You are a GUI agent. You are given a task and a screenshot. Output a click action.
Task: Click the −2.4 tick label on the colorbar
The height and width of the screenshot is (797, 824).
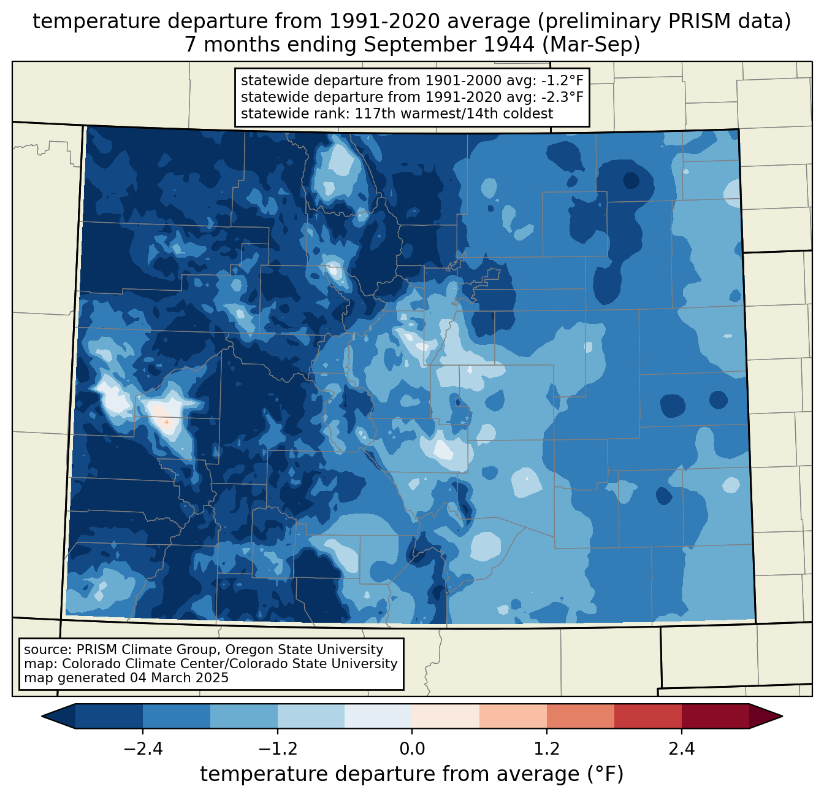click(x=143, y=749)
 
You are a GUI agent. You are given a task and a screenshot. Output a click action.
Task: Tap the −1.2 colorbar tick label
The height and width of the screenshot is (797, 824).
click(x=277, y=749)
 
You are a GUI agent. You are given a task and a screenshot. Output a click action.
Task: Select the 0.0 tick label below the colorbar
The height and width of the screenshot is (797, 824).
click(x=412, y=749)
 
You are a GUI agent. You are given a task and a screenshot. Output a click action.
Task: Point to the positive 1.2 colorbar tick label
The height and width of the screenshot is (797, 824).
click(x=547, y=749)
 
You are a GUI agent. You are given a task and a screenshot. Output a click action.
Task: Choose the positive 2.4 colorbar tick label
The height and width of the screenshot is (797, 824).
click(x=681, y=749)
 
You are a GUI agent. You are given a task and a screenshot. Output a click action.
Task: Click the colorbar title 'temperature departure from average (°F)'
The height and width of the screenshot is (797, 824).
click(x=411, y=774)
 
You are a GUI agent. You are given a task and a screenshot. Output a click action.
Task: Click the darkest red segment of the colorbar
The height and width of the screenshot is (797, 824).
click(x=715, y=716)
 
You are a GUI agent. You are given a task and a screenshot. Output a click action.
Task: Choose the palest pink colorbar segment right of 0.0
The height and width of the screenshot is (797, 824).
click(x=446, y=716)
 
